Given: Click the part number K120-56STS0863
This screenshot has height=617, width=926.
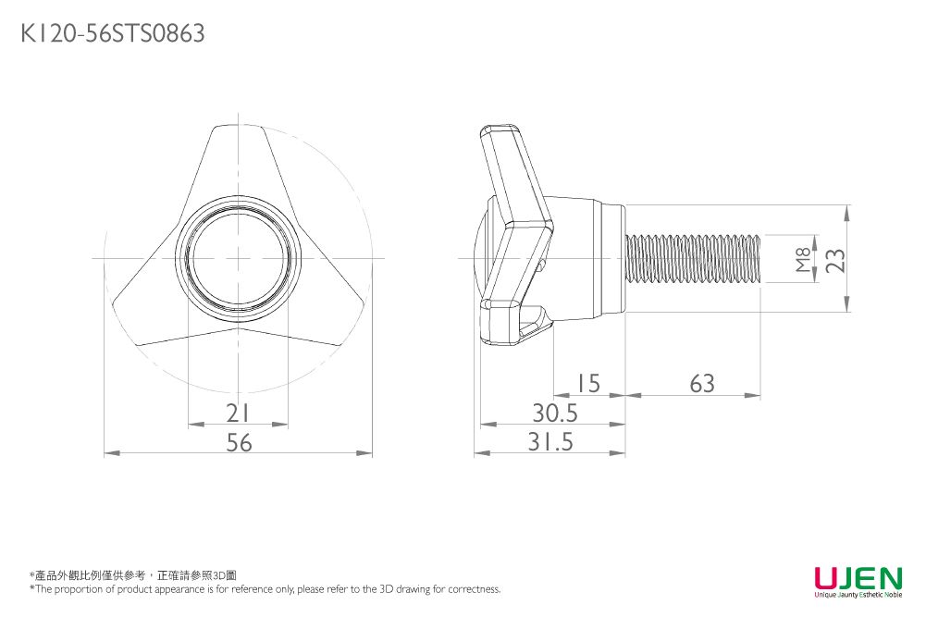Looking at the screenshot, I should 112,34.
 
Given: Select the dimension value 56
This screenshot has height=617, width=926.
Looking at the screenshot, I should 239,443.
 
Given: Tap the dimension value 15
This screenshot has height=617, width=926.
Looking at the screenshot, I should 586,383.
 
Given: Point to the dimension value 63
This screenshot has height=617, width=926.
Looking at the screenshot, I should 702,383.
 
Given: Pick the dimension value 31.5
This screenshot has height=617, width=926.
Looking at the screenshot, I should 550,443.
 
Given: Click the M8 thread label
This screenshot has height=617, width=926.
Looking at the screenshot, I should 803,260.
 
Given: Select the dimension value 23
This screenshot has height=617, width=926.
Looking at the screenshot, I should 835,260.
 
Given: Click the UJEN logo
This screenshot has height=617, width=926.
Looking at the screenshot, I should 858,579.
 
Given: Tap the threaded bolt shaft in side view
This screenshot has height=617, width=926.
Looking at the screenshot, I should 694,259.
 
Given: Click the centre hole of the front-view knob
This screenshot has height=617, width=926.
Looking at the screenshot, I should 239,258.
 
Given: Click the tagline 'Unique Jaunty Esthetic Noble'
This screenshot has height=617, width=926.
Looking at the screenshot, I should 858,595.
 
